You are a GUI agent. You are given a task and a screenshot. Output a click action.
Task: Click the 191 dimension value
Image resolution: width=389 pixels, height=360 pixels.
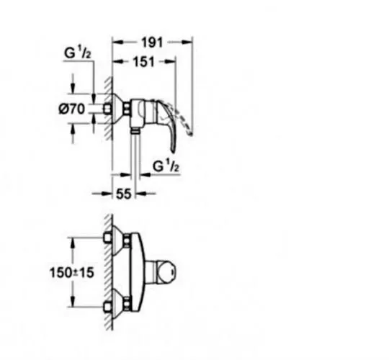[152, 42]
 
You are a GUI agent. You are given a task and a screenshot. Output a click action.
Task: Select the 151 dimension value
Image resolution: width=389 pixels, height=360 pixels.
[144, 62]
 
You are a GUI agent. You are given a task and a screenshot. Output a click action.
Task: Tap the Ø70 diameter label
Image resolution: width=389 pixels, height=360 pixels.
[72, 109]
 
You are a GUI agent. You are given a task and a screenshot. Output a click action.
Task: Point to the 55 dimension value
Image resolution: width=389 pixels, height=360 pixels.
[123, 194]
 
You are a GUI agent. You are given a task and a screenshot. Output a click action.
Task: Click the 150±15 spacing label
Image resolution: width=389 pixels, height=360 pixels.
[72, 272]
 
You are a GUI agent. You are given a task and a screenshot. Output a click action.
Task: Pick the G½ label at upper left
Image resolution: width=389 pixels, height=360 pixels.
[77, 53]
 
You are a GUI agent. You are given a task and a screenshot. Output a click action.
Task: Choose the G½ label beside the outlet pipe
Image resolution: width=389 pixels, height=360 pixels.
[166, 166]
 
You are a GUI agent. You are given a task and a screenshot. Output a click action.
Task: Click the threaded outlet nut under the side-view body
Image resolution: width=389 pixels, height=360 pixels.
[135, 130]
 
